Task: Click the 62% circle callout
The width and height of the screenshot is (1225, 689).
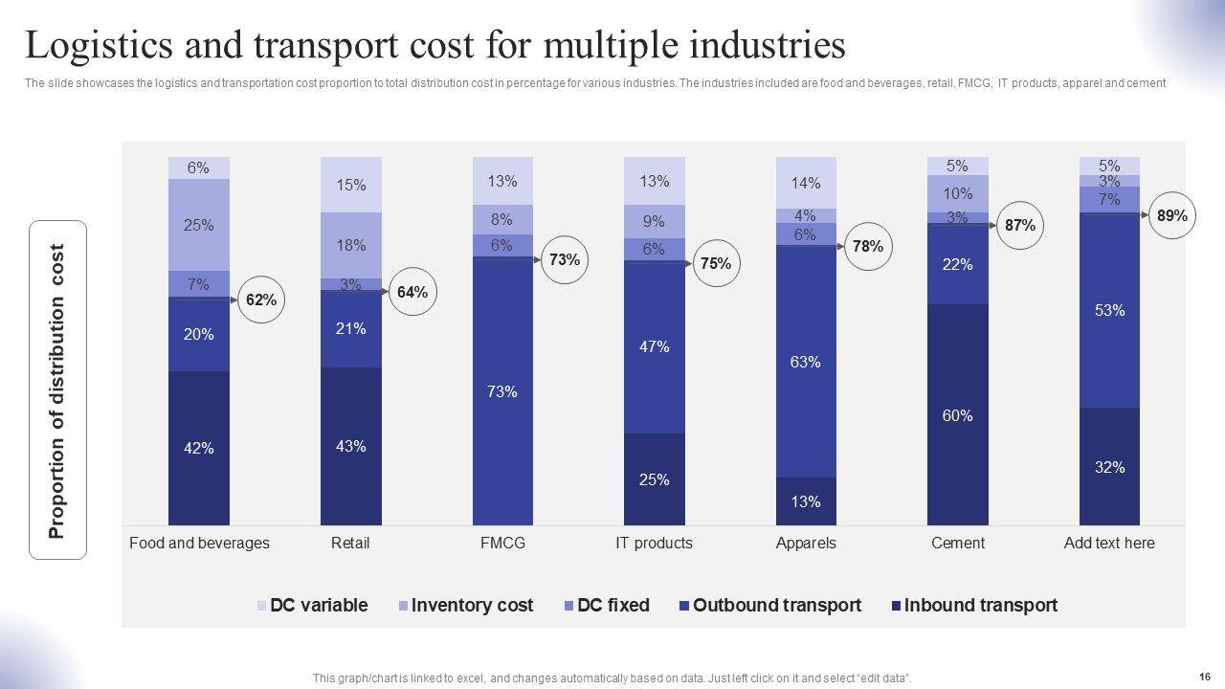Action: pos(260,300)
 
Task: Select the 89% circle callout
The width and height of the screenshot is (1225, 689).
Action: pos(1171,216)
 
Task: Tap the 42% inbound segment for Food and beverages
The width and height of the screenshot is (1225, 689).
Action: pos(199,448)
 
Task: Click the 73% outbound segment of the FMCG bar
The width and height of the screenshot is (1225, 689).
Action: pos(502,390)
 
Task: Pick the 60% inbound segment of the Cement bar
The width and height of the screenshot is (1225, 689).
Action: pos(958,414)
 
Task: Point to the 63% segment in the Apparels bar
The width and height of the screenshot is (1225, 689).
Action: pos(806,362)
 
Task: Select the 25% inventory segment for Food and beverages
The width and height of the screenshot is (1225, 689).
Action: pos(199,226)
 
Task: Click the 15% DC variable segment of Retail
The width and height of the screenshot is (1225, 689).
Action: pos(351,185)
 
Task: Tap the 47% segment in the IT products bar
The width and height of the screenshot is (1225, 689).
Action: pos(654,347)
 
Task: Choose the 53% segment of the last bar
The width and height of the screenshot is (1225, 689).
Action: pos(1110,310)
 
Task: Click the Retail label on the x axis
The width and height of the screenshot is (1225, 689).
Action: pos(350,543)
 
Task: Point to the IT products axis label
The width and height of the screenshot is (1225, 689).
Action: pos(654,543)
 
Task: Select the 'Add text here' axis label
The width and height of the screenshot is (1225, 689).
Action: pos(1109,543)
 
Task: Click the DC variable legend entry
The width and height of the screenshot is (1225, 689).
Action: pos(312,605)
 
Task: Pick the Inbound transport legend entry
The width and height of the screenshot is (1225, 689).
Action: pos(973,605)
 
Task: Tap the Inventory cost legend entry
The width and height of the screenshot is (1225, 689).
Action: pos(465,605)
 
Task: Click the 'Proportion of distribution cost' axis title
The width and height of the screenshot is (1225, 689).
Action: pos(57,390)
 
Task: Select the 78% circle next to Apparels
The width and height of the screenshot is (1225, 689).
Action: pos(867,246)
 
